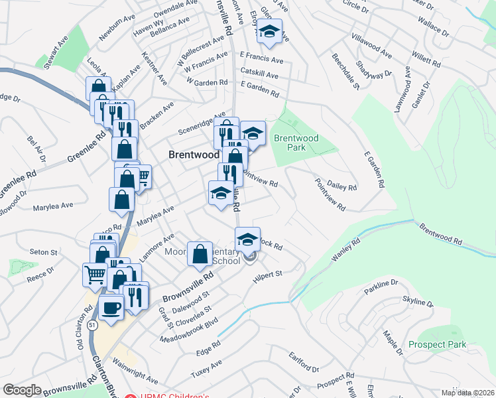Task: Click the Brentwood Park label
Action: (x=296, y=143)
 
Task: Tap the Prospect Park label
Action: (x=437, y=345)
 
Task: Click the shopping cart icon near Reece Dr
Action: (x=95, y=273)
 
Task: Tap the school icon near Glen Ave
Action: (x=270, y=31)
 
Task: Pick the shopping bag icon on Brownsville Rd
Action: (x=200, y=254)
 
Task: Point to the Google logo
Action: (x=22, y=390)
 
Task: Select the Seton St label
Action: (x=44, y=253)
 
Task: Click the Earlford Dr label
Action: (x=304, y=364)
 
